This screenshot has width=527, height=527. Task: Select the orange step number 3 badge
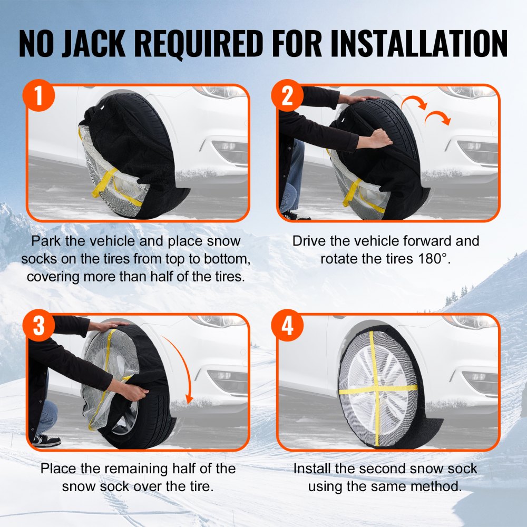[38, 326]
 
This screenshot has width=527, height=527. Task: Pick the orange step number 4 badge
[288, 326]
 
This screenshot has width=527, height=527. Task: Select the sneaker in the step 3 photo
[46, 440]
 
